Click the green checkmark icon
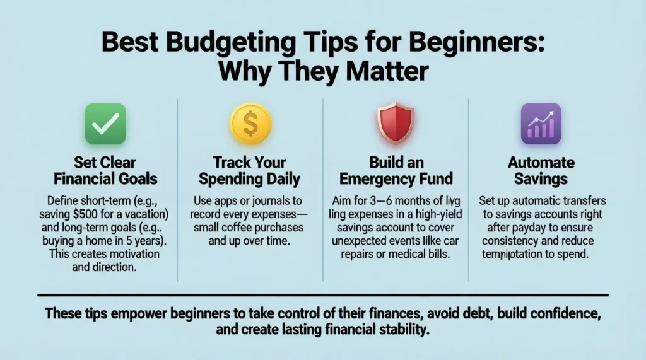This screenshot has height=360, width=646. click(x=105, y=124)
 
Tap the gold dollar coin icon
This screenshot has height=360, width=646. click(x=250, y=124)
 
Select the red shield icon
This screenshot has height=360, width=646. click(x=395, y=124)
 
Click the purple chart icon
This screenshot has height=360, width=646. click(x=541, y=124)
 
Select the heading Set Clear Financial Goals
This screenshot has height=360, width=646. click(x=105, y=170)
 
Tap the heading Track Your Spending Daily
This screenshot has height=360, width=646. click(x=250, y=170)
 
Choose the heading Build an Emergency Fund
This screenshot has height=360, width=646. click(x=395, y=170)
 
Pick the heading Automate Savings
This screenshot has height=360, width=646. click(x=541, y=170)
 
